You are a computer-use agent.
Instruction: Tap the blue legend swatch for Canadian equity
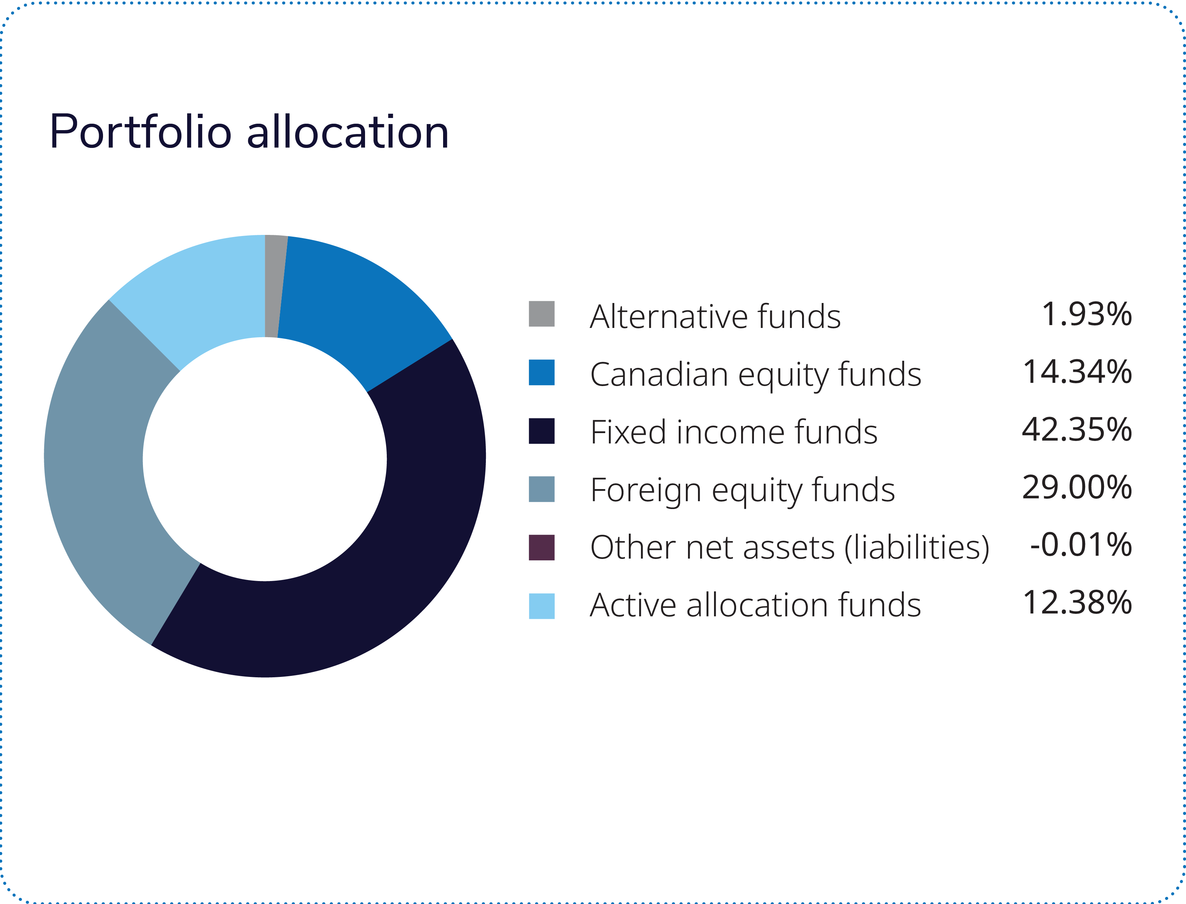click(x=541, y=373)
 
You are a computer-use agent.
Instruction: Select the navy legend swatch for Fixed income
click(x=541, y=431)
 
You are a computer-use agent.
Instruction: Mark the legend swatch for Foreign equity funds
click(x=541, y=489)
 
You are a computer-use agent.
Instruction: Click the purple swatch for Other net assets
click(x=541, y=548)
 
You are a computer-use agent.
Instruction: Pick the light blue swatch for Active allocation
click(x=541, y=606)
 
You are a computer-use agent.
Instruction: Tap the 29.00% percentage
click(x=1077, y=488)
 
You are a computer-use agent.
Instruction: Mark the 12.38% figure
click(x=1077, y=603)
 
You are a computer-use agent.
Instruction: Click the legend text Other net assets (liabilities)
click(x=789, y=548)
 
